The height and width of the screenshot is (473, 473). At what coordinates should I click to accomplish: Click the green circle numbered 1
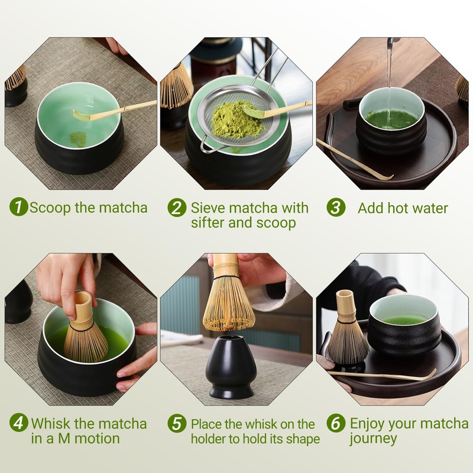point(19,207)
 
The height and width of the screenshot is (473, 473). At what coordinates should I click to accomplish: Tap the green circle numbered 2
point(177,208)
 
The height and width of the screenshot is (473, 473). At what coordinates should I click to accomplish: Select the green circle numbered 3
point(336,208)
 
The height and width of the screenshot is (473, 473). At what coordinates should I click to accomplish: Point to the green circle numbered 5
point(177,423)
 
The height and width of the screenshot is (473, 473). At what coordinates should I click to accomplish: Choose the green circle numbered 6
point(336,423)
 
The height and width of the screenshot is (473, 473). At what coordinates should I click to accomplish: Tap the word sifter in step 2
point(208,223)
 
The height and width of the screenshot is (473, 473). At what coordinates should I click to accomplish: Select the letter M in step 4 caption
point(64,438)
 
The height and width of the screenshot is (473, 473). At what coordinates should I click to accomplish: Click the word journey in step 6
point(373,439)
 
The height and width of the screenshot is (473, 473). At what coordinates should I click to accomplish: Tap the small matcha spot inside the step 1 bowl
point(78,139)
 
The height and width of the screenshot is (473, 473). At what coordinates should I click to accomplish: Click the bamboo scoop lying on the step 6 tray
point(383,375)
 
